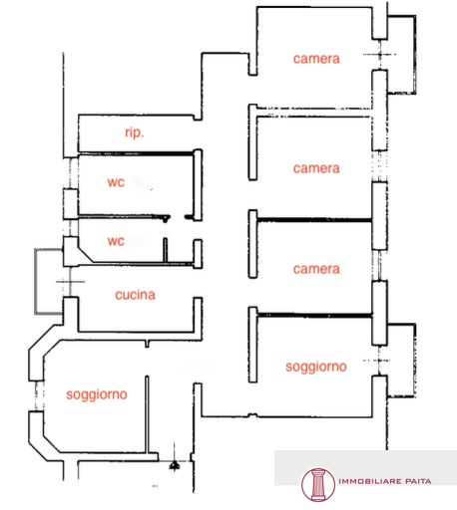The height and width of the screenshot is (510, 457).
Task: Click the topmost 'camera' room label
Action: click(x=316, y=59)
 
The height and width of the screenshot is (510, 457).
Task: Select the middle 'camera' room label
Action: click(x=316, y=168)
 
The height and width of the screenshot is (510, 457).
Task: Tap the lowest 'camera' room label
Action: click(x=316, y=269)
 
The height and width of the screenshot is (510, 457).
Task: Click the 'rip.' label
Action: click(x=135, y=132)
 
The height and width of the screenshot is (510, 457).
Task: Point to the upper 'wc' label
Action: click(x=116, y=182)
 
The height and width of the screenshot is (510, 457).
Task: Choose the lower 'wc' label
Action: click(x=116, y=241)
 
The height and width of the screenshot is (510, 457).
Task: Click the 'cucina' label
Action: click(x=135, y=295)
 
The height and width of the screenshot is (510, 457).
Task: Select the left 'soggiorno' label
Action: click(x=97, y=394)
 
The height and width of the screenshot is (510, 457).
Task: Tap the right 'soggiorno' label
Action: click(x=316, y=367)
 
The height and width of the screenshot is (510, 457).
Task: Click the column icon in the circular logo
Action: click(x=318, y=485)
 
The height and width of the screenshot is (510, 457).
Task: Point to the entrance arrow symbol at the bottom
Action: click(x=175, y=465)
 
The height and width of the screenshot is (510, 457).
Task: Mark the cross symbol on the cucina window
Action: click(x=70, y=282)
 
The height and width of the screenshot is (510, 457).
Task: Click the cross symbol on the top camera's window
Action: click(x=380, y=54)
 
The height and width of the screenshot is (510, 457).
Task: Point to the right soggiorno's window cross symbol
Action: click(x=379, y=361)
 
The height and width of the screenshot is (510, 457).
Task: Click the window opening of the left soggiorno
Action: click(x=39, y=395)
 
